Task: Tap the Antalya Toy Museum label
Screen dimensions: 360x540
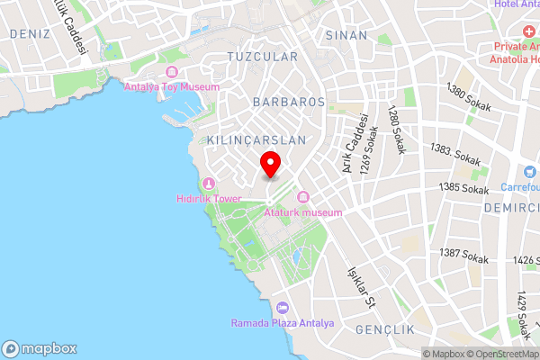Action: (172, 87)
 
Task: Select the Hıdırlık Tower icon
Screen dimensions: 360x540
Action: (209, 183)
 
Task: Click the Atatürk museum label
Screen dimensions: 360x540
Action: (304, 212)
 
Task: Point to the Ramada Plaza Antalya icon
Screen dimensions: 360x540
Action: (283, 308)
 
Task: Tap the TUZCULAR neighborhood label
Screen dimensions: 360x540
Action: (262, 56)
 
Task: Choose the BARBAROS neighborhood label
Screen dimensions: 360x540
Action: (288, 102)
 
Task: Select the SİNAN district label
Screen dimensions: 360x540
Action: (346, 35)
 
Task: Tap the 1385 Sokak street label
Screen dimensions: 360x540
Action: (463, 187)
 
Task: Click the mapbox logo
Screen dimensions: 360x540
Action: (40, 349)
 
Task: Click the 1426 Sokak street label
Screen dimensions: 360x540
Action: (523, 261)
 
